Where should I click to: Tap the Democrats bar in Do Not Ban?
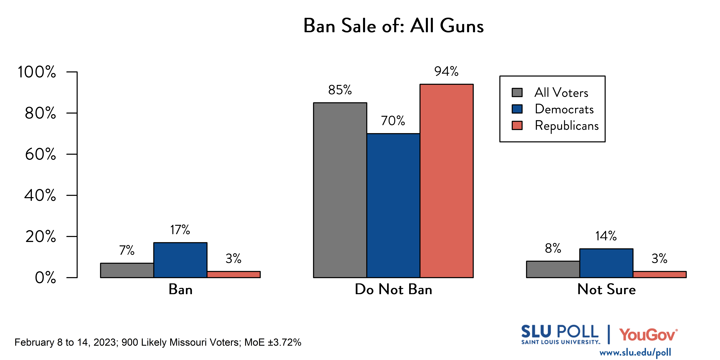point(393,205)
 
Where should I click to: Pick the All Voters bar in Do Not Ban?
point(340,190)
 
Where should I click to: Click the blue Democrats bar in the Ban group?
point(180,260)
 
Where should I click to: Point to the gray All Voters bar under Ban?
point(127,270)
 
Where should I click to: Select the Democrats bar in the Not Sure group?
point(606,263)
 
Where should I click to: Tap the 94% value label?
point(446,72)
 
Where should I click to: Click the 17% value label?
point(180,230)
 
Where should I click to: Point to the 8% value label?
point(553,248)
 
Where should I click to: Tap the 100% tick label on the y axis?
point(37,72)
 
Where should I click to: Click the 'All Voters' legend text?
point(561,92)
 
